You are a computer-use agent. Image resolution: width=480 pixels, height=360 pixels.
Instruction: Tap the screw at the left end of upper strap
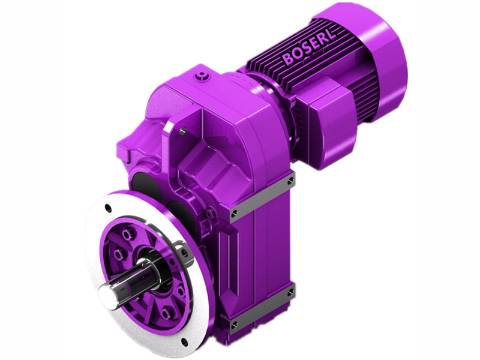(234, 212)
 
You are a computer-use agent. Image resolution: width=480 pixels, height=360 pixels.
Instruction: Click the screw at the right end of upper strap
(291, 178)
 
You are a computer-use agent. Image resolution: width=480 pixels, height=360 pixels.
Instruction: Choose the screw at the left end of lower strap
(235, 323)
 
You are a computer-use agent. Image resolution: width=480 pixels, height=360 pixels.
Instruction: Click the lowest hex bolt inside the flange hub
(166, 313)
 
